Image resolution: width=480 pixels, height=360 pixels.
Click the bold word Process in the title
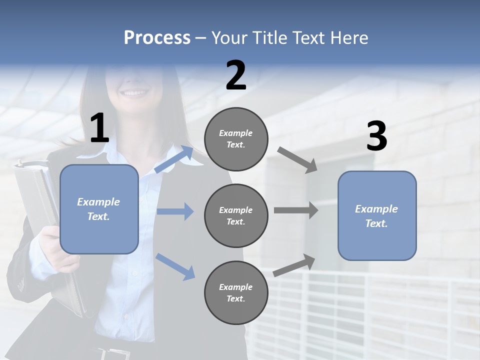tap(157, 38)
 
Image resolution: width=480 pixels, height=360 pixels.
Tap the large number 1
tap(99, 128)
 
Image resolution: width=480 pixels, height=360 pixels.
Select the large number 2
tap(236, 75)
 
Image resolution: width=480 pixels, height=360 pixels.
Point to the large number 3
tap(376, 136)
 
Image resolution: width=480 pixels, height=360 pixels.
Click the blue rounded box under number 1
tap(99, 209)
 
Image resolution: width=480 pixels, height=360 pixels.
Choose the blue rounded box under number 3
tap(376, 216)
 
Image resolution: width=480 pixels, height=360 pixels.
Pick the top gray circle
tap(236, 139)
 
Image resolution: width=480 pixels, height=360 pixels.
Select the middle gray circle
tap(236, 216)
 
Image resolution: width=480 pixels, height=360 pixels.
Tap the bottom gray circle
tap(236, 293)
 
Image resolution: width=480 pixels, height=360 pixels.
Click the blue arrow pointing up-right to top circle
tap(174, 159)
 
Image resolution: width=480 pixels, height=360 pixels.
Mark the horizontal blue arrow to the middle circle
tap(175, 211)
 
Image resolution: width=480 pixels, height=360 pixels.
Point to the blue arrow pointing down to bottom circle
tap(175, 266)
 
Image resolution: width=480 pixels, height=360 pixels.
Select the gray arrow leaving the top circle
tap(297, 159)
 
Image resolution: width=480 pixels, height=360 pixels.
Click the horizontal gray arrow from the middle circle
tap(296, 210)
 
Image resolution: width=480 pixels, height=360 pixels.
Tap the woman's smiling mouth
tap(134, 93)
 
